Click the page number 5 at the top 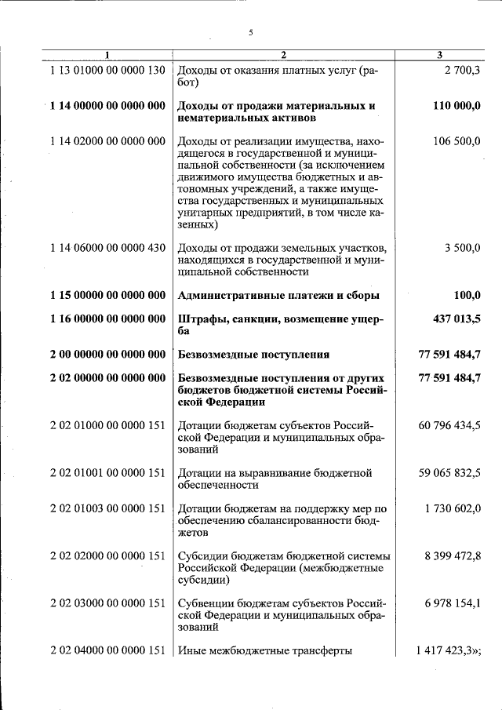tap(251, 32)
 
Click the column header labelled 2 tap(284, 54)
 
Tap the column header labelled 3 tap(440, 54)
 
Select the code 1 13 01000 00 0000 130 tap(107, 71)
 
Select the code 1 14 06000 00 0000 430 tap(107, 248)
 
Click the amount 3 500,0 tap(463, 248)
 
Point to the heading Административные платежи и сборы tap(279, 296)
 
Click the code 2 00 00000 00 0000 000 tap(107, 354)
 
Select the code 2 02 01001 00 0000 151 tap(107, 473)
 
